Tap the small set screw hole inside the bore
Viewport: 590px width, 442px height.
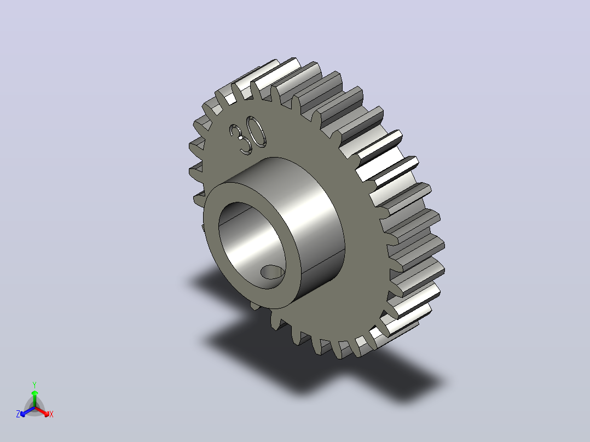273,272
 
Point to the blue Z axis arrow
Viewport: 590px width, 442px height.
27,411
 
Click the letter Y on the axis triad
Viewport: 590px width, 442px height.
34,385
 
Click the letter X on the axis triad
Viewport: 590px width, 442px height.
51,414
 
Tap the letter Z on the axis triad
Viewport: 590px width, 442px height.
18,414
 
